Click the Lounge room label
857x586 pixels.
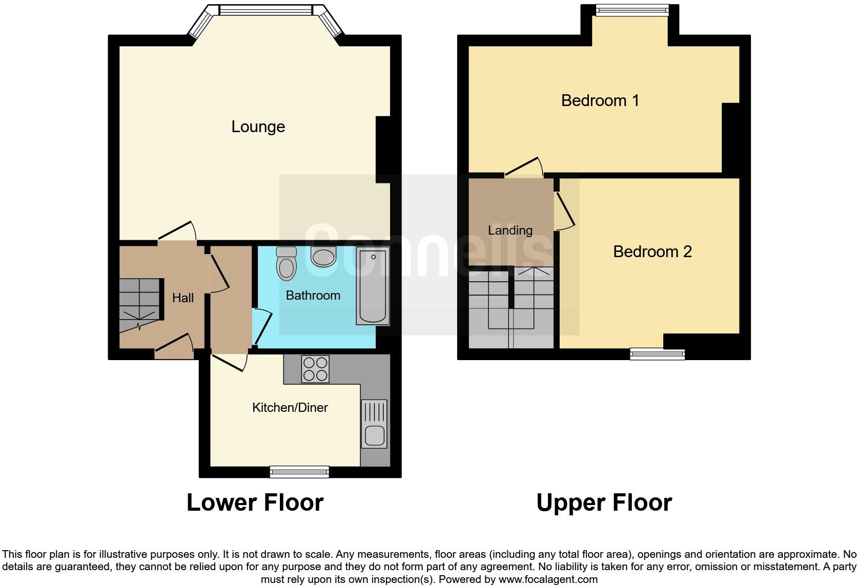click(258, 127)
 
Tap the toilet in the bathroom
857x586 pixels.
click(286, 264)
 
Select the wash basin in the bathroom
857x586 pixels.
click(323, 257)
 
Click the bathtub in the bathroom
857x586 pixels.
click(373, 286)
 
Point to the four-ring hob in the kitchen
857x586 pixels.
click(315, 369)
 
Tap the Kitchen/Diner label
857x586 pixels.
click(290, 408)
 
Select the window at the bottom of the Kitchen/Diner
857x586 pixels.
click(299, 472)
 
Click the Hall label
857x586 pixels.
click(183, 298)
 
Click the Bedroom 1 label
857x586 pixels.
click(600, 100)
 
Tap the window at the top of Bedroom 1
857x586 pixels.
click(632, 10)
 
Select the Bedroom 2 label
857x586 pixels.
click(652, 252)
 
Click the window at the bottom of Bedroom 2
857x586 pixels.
click(657, 353)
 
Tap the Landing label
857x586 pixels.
click(510, 231)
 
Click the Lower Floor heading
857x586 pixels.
click(255, 503)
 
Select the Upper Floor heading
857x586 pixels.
click(604, 503)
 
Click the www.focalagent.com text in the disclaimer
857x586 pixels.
click(547, 579)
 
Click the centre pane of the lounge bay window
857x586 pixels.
click(266, 10)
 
